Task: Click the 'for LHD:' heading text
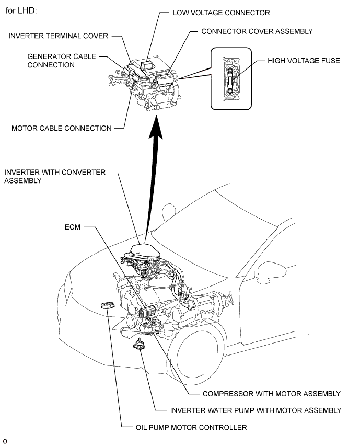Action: (21, 11)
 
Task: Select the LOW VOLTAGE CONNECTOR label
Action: (221, 13)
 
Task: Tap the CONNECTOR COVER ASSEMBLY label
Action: (257, 31)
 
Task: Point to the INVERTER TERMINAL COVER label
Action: (58, 36)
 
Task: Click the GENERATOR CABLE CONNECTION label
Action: (62, 61)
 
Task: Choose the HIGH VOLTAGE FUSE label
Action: (304, 61)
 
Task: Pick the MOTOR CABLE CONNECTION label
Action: (61, 128)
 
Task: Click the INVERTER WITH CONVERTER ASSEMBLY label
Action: (55, 176)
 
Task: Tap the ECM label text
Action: (73, 227)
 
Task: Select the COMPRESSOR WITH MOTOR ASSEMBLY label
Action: (271, 394)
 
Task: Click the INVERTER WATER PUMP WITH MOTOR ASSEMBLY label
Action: (256, 410)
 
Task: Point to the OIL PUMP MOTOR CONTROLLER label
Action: (191, 427)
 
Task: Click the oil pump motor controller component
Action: (108, 305)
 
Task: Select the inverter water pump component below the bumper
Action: (139, 344)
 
